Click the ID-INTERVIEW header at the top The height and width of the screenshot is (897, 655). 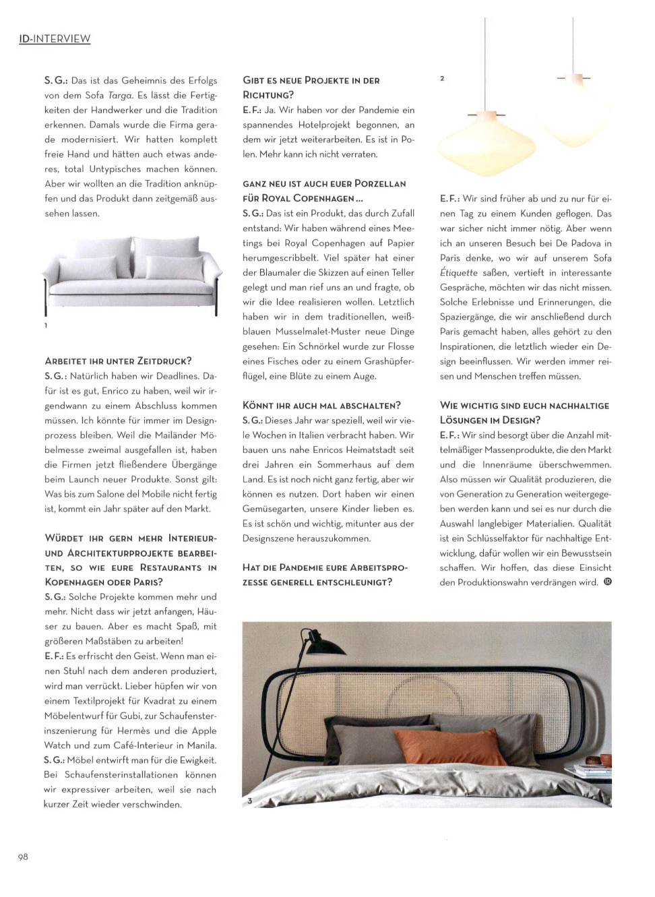pyautogui.click(x=55, y=38)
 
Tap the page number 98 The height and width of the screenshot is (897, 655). pyautogui.click(x=23, y=857)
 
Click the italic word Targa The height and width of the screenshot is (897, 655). pyautogui.click(x=121, y=95)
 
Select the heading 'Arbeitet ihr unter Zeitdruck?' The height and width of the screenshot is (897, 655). pyautogui.click(x=118, y=361)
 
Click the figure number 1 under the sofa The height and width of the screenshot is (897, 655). pyautogui.click(x=46, y=326)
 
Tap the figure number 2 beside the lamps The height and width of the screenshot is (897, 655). pyautogui.click(x=442, y=79)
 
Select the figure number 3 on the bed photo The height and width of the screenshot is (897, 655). pyautogui.click(x=249, y=801)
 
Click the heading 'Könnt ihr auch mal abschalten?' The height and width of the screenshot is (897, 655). pyautogui.click(x=321, y=405)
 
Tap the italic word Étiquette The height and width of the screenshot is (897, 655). pyautogui.click(x=459, y=273)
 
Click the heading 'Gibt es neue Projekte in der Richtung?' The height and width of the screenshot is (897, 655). pyautogui.click(x=311, y=88)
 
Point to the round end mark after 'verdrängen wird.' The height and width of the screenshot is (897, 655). pyautogui.click(x=608, y=582)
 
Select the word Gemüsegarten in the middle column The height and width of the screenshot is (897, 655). pyautogui.click(x=272, y=509)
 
